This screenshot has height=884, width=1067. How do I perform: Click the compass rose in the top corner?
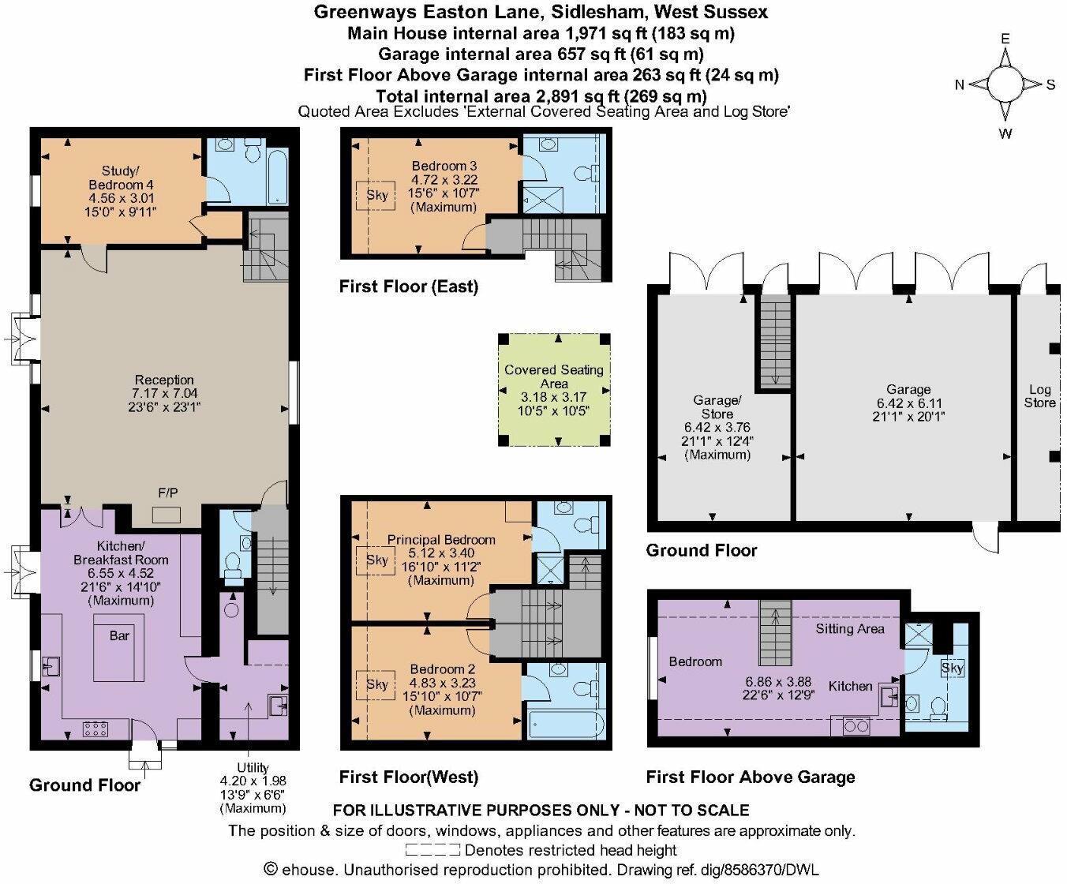[x=1005, y=84]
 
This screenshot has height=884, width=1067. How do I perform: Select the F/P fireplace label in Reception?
[x=167, y=493]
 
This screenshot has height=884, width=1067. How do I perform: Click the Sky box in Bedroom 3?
[x=377, y=195]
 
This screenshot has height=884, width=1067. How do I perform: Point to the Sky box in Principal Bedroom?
[x=377, y=560]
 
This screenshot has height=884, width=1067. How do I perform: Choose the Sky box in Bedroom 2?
[x=377, y=684]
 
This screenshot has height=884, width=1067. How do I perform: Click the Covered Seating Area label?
[x=554, y=376]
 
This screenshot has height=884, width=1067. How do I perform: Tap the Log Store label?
[x=1039, y=396]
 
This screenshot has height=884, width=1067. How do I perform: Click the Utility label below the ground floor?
[x=253, y=767]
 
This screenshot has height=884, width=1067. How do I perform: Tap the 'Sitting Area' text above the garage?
[x=850, y=629]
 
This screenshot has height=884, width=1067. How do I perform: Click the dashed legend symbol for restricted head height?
[x=432, y=850]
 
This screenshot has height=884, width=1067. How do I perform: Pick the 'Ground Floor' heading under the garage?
[x=701, y=550]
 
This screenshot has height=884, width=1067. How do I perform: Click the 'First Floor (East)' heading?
[x=408, y=287]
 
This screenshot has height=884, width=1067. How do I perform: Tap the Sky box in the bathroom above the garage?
[x=952, y=668]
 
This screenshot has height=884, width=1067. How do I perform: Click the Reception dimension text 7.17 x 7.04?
[x=164, y=394]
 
